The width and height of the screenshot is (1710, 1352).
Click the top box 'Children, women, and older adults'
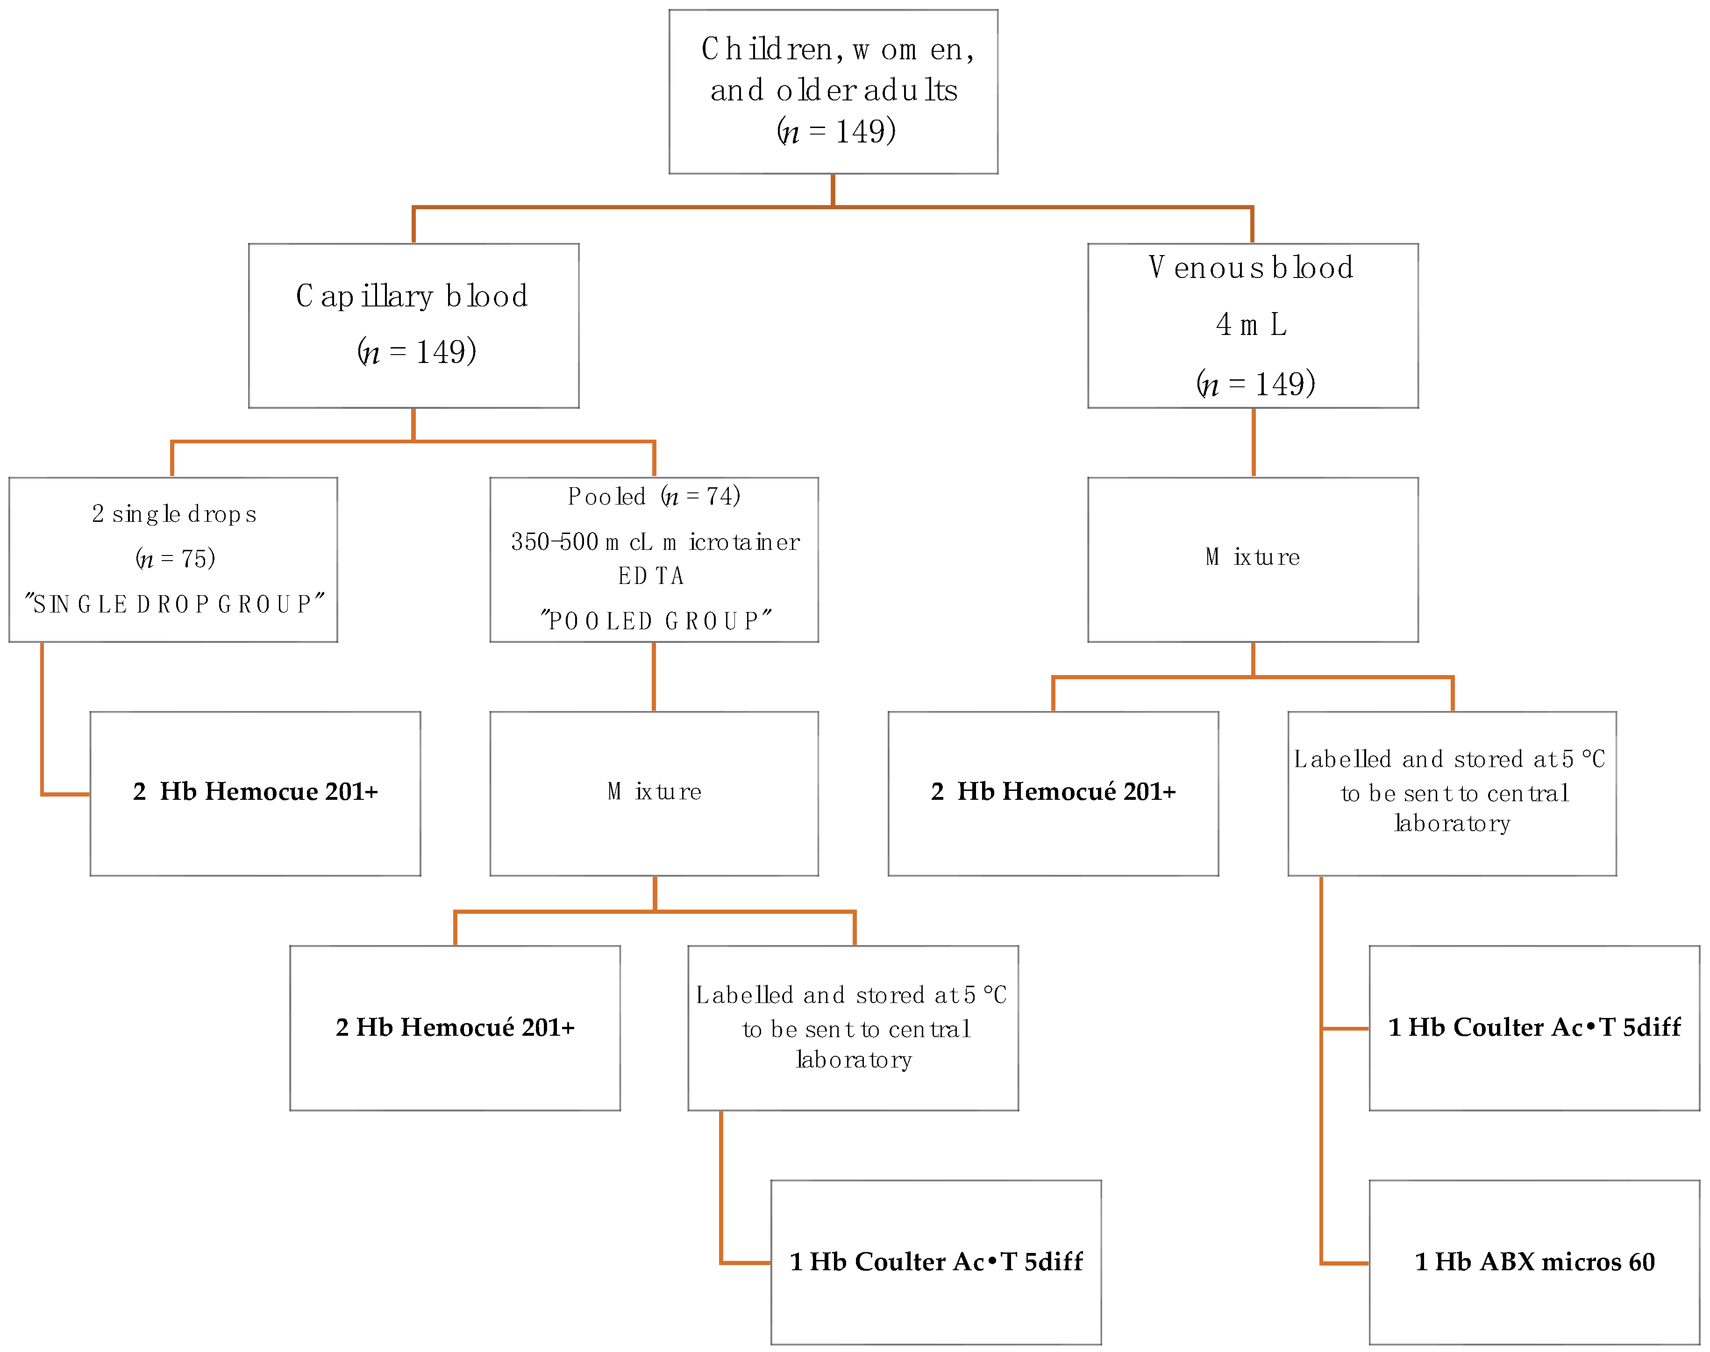pos(833,91)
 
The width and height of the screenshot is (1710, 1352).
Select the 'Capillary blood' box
pos(413,325)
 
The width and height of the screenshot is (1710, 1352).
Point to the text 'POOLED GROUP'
pos(655,620)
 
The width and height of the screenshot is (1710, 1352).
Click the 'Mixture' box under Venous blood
pos(1253,559)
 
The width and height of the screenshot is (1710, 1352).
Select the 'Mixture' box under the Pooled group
pos(654,793)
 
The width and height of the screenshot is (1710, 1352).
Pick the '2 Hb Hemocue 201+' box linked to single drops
pos(255,793)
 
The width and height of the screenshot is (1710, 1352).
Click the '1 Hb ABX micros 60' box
pos(1534,1262)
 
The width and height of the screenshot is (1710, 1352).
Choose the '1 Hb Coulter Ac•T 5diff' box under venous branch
pos(1534,1027)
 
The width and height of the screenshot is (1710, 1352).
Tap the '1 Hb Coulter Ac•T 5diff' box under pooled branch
pos(936,1262)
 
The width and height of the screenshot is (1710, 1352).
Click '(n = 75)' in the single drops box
pos(175,559)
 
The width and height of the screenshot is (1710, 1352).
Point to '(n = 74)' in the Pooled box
pos(701,496)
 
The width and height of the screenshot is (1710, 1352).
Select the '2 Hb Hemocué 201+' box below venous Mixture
pos(1053,793)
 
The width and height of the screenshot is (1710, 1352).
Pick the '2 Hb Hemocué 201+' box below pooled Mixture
pos(455,1027)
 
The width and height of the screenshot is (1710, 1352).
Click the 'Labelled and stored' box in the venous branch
pos(1452,793)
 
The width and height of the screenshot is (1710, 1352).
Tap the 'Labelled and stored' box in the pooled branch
pos(853,1027)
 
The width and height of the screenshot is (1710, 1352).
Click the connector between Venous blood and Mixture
pos(1253,441)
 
